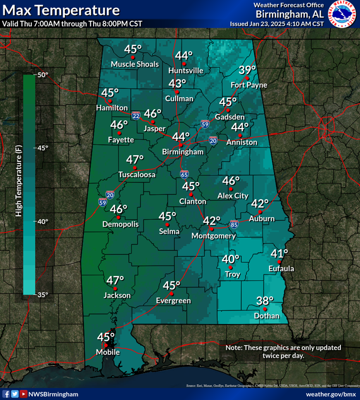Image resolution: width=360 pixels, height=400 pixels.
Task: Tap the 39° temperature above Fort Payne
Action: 247,70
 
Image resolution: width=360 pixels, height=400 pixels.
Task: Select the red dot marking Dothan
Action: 264,309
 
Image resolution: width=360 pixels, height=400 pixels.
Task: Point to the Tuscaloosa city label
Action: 137,175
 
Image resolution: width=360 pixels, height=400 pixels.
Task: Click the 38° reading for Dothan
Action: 264,301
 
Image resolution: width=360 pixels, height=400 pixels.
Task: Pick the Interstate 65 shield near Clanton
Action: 184,174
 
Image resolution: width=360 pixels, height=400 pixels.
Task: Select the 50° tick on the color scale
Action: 43,75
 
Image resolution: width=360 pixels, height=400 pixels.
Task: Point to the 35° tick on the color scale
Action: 43,294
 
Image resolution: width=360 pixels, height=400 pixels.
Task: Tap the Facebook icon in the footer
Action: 6,394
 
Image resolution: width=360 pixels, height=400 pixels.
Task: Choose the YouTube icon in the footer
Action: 24,394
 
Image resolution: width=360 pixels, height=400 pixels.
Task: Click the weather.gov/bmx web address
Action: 329,394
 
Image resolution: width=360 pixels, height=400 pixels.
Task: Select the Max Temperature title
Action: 60,10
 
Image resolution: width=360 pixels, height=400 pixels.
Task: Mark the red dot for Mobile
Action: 106,344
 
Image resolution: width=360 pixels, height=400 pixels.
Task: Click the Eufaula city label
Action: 281,268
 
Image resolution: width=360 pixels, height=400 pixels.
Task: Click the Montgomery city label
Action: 214,236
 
